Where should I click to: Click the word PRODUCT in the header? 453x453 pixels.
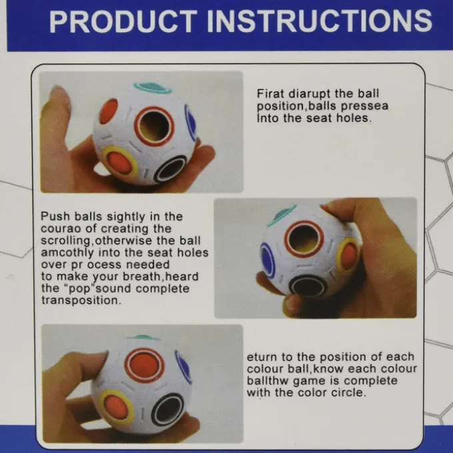pyautogui.click(x=123, y=21)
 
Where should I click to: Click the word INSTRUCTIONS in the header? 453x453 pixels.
pyautogui.click(x=320, y=21)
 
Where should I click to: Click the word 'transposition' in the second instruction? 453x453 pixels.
pyautogui.click(x=80, y=300)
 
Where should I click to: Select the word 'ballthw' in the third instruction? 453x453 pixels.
pyautogui.click(x=268, y=381)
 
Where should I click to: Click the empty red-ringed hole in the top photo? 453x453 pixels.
pyautogui.click(x=155, y=127)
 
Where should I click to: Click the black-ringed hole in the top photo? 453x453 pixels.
pyautogui.click(x=171, y=169)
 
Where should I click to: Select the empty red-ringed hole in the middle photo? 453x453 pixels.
pyautogui.click(x=304, y=238)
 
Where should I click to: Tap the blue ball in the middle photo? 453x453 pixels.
pyautogui.click(x=268, y=260)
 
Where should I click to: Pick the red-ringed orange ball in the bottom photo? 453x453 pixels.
pyautogui.click(x=145, y=366)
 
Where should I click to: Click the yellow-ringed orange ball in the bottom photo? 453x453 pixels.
pyautogui.click(x=118, y=407)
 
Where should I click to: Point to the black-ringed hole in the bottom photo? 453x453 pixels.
pyautogui.click(x=168, y=410)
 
